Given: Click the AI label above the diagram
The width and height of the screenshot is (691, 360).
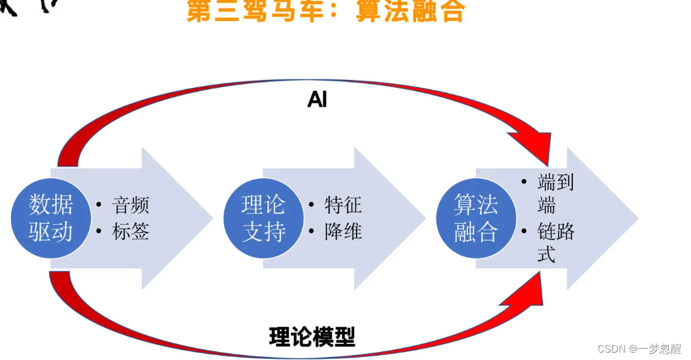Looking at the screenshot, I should click(x=317, y=100).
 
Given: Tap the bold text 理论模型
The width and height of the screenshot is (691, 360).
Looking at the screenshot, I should click(x=312, y=337).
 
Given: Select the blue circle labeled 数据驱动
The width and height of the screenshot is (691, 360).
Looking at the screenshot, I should click(x=50, y=218).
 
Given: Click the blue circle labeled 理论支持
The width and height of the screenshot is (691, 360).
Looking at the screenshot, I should click(x=263, y=218).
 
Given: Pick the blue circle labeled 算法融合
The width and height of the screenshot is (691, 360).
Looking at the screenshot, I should click(x=476, y=218).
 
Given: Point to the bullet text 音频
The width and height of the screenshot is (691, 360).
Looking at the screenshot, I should click(x=130, y=205).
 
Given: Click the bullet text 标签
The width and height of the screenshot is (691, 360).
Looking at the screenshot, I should click(x=130, y=232).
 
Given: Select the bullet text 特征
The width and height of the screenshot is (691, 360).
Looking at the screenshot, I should click(x=343, y=205).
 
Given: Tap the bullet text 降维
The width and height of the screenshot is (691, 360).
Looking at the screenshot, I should click(x=343, y=232).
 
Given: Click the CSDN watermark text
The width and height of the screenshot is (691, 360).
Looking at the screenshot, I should click(x=611, y=349).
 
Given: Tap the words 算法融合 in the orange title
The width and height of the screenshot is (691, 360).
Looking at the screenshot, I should click(x=409, y=11).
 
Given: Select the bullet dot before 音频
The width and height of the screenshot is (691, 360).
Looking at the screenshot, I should click(x=100, y=205).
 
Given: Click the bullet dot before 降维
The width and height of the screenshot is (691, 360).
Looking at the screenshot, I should click(x=312, y=232).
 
